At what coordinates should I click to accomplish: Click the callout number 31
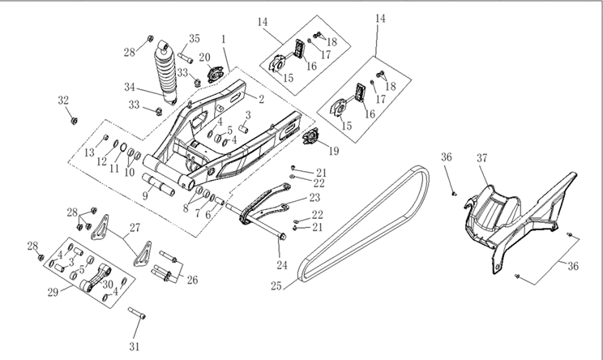point(134,346)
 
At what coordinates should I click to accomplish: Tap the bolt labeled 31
point(136,313)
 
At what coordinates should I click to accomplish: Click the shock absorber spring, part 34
point(165,72)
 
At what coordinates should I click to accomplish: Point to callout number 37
point(482,158)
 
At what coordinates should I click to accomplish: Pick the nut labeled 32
point(74,121)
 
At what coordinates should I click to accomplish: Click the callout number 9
point(145,196)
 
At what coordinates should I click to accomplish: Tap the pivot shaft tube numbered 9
point(158,185)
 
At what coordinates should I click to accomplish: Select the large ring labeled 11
point(123,148)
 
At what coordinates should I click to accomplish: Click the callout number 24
point(282,265)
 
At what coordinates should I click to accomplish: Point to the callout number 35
point(195,38)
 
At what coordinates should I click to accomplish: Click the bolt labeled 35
point(185,58)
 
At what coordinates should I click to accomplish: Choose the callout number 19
point(334,151)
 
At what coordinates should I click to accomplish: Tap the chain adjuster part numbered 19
point(311,137)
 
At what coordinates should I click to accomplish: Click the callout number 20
point(204,58)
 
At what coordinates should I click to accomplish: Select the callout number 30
point(108,285)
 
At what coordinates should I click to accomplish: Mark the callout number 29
point(53,293)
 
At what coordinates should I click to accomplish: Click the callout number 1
point(224,39)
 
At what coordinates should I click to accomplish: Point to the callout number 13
point(89,152)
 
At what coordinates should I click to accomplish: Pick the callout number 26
point(192,280)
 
